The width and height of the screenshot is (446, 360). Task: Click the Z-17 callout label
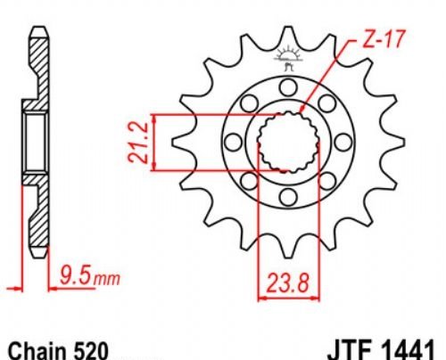pyautogui.click(x=384, y=40)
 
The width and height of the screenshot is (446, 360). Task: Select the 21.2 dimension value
pyautogui.click(x=138, y=143)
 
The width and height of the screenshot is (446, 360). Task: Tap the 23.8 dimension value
pyautogui.click(x=288, y=282)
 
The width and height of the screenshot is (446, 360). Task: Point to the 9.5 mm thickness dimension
pyautogui.click(x=90, y=277)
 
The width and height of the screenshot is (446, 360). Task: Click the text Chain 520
pyautogui.click(x=58, y=351)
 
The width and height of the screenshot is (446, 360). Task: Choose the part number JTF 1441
pyautogui.click(x=381, y=350)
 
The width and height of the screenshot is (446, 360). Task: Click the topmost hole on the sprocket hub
pyautogui.click(x=288, y=87)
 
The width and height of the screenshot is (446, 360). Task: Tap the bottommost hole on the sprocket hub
pyautogui.click(x=288, y=196)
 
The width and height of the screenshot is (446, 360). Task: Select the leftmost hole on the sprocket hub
pyautogui.click(x=234, y=142)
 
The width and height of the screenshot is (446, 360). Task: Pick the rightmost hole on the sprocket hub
pyautogui.click(x=343, y=142)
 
